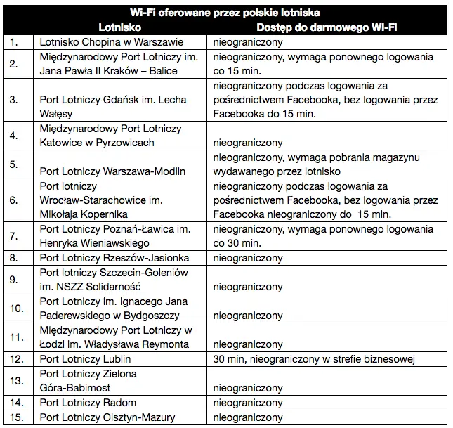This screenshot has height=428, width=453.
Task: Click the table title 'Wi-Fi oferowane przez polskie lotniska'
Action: click(x=225, y=12)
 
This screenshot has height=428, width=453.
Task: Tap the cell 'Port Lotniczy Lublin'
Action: click(x=85, y=360)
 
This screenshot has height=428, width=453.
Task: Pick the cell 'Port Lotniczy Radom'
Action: click(x=88, y=403)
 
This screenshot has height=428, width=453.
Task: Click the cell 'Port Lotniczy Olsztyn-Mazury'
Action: click(x=107, y=417)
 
